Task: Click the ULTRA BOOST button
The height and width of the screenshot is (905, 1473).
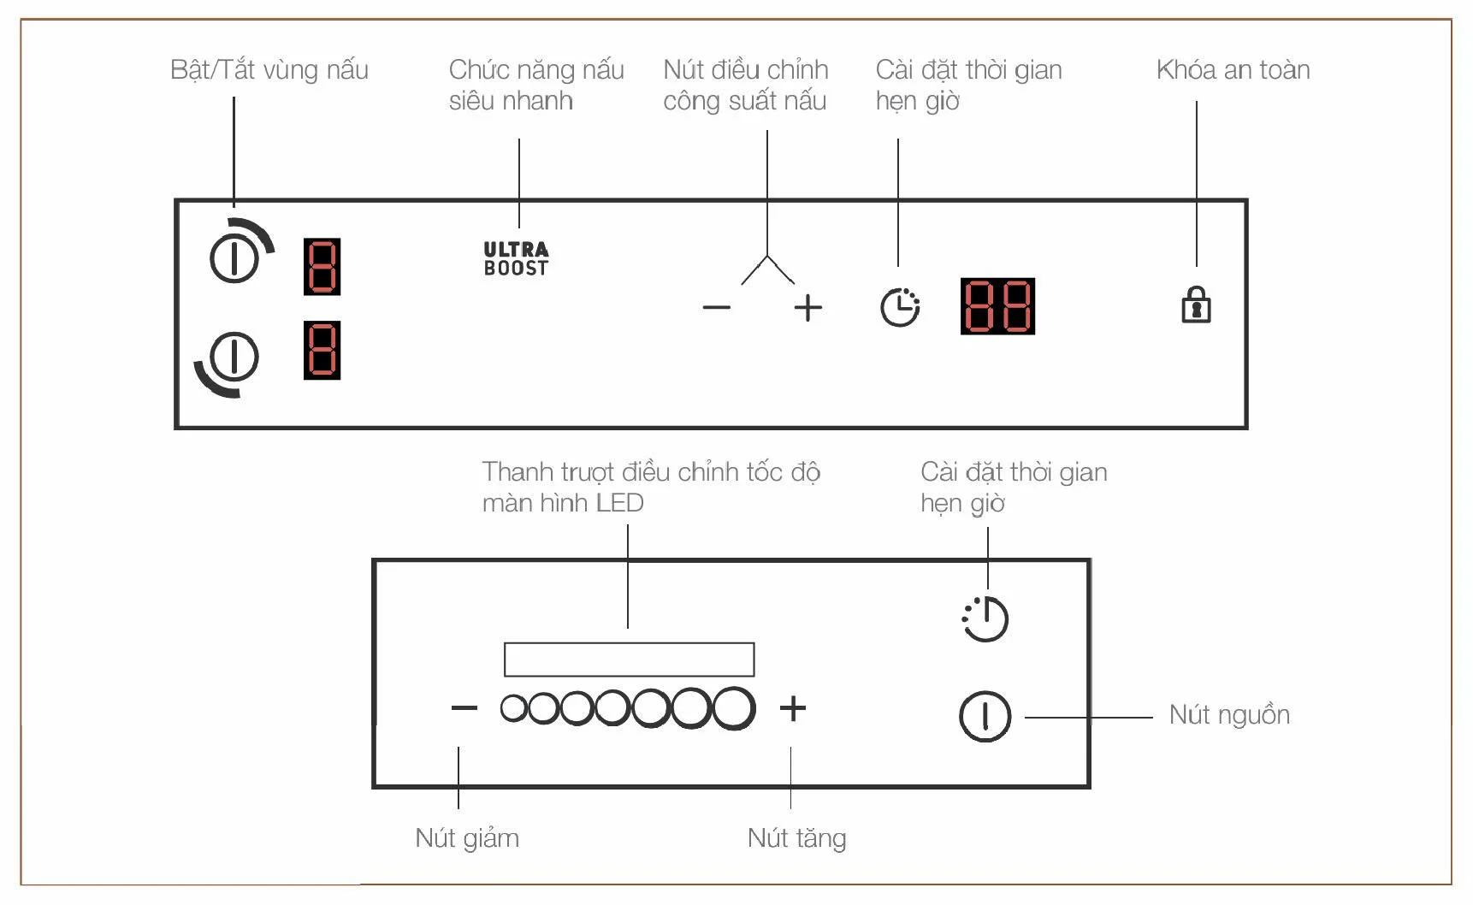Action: pos(516,258)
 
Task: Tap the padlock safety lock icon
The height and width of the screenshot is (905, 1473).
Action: pos(1196,305)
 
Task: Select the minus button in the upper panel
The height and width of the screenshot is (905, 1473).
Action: pos(717,308)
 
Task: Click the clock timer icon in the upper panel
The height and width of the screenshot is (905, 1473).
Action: pos(900,307)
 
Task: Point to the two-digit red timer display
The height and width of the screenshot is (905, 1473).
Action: pos(997,305)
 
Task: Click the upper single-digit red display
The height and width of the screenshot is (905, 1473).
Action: pos(322,267)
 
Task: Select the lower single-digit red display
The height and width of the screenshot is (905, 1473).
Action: pos(322,350)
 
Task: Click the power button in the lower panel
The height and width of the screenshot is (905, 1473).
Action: pos(985,716)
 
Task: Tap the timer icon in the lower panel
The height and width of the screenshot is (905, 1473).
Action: pos(985,618)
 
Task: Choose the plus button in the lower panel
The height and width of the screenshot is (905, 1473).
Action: pos(793,708)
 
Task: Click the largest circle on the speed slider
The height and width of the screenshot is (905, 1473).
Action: pos(733,708)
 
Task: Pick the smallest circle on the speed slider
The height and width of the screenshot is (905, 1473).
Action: pos(513,708)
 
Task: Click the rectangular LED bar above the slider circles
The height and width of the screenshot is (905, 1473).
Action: pos(629,660)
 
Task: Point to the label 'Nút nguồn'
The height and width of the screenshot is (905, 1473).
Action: pos(1229,715)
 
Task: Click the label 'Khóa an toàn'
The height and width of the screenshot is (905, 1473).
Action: pos(1233,69)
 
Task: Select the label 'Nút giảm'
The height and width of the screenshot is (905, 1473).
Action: pos(467,838)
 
